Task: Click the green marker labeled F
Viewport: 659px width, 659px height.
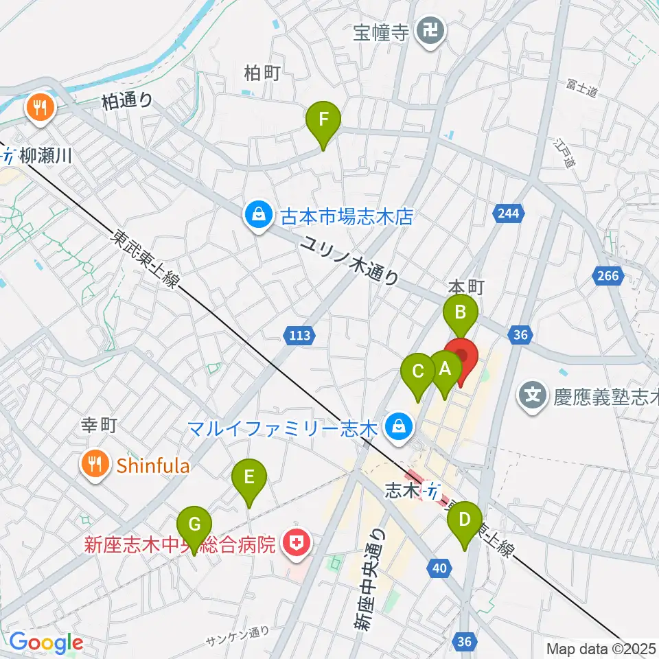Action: click(324, 122)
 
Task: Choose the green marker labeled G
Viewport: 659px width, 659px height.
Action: click(194, 527)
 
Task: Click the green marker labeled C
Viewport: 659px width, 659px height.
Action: click(417, 374)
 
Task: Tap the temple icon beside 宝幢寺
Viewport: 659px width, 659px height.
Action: click(432, 32)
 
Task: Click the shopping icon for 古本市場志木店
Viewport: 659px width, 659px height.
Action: click(258, 216)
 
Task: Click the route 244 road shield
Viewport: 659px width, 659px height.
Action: click(507, 214)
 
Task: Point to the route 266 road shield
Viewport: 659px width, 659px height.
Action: click(607, 276)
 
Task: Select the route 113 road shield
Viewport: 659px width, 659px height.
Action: click(299, 336)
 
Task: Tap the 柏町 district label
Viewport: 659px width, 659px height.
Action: click(262, 73)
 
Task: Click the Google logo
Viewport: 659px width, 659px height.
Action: click(45, 643)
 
